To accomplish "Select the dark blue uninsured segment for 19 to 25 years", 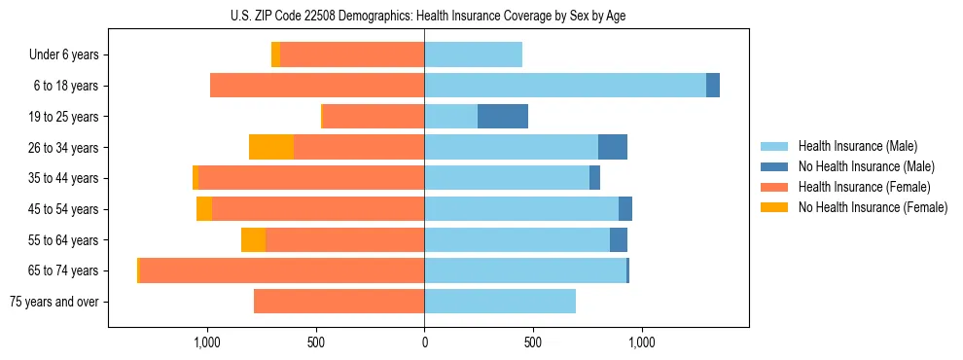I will click(503, 117).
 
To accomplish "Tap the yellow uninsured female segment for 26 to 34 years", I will click(271, 147).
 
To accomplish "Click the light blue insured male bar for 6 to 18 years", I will click(565, 86).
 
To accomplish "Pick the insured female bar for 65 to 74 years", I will click(282, 270).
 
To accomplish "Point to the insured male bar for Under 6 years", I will click(473, 54).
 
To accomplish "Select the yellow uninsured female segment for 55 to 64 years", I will click(253, 239).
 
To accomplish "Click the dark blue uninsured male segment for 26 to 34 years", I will click(613, 147).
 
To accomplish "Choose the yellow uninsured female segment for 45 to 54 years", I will click(204, 209).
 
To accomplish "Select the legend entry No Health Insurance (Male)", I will click(866, 166).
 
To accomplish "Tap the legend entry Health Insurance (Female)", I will click(864, 187).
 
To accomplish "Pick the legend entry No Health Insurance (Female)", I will click(873, 207).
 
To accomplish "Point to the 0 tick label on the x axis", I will click(424, 342).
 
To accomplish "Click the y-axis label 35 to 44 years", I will click(64, 178).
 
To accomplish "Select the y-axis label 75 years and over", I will click(54, 302).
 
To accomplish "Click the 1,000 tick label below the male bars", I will click(641, 342).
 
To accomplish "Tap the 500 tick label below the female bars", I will click(315, 342).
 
